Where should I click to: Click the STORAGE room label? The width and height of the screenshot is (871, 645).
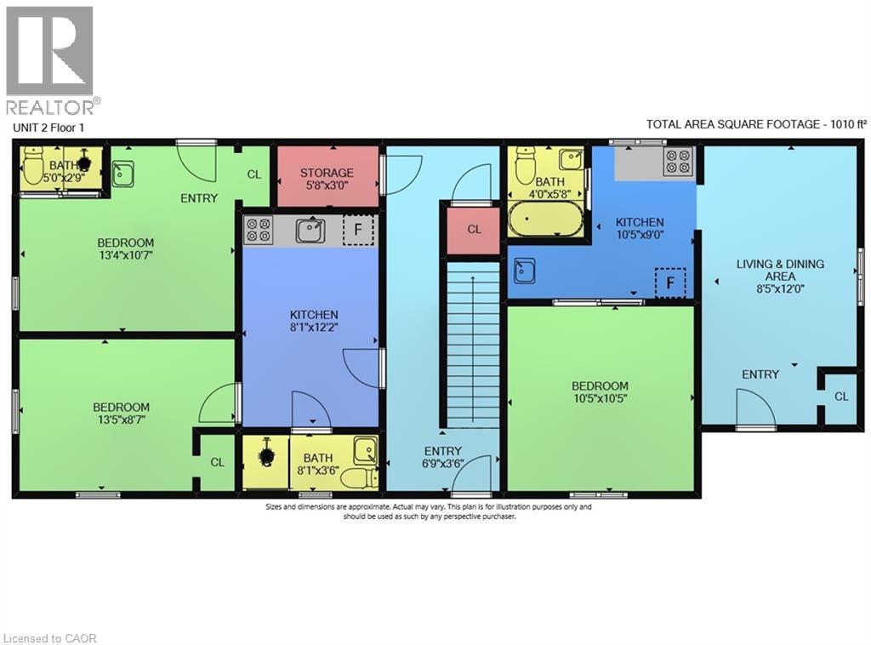[x=327, y=173]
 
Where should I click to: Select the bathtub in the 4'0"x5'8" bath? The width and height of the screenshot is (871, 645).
[x=544, y=219]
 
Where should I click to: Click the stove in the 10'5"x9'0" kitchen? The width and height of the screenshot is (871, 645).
[x=678, y=162]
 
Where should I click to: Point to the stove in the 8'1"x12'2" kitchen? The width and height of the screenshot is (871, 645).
[x=259, y=230]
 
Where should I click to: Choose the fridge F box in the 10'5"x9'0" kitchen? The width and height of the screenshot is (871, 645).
[x=670, y=282]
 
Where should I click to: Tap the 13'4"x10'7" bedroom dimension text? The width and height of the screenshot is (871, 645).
[x=125, y=256]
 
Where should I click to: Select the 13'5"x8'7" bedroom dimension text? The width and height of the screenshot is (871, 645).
[x=121, y=420]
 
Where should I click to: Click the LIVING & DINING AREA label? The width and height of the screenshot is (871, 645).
[x=779, y=270]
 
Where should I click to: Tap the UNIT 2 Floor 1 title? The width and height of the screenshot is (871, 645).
[x=48, y=128]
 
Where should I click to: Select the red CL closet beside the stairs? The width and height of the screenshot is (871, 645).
[x=474, y=230]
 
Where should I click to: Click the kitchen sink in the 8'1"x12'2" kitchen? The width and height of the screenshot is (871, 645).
[x=310, y=230]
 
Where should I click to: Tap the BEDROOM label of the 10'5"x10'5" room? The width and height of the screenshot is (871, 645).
[x=600, y=386]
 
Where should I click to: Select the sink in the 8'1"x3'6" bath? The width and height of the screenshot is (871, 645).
[x=366, y=449]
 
